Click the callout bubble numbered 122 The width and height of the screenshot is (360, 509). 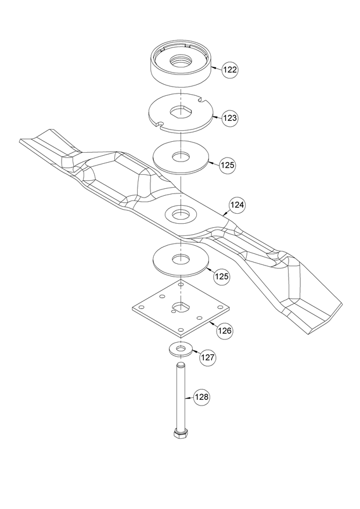tap(230, 69)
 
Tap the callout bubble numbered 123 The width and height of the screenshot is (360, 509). tap(230, 118)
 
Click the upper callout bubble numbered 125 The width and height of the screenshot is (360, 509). tap(228, 166)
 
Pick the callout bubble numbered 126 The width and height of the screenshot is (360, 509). tap(225, 330)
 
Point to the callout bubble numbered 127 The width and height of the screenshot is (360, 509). tap(207, 357)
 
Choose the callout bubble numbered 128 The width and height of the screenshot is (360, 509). tap(201, 397)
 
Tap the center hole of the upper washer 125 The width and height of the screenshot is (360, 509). tap(181, 156)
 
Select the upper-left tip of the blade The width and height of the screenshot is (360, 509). tap(23, 141)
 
